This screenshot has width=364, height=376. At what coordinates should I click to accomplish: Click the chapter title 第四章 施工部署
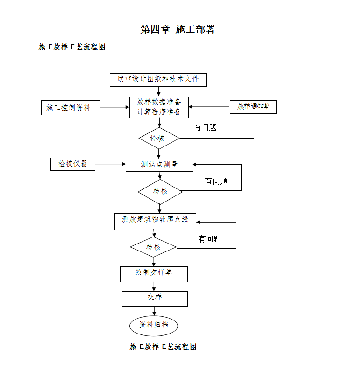point(178,29)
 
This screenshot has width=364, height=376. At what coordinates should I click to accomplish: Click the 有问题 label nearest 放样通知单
point(205,127)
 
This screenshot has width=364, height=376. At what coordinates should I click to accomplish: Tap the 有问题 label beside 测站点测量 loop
point(216,181)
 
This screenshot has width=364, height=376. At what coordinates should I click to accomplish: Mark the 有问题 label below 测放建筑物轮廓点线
point(209,239)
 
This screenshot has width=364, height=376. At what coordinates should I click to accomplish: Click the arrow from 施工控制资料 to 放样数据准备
point(115,107)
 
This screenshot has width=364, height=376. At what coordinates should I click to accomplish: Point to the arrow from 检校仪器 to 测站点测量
point(111,164)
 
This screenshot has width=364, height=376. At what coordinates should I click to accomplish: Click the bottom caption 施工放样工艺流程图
point(163,347)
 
